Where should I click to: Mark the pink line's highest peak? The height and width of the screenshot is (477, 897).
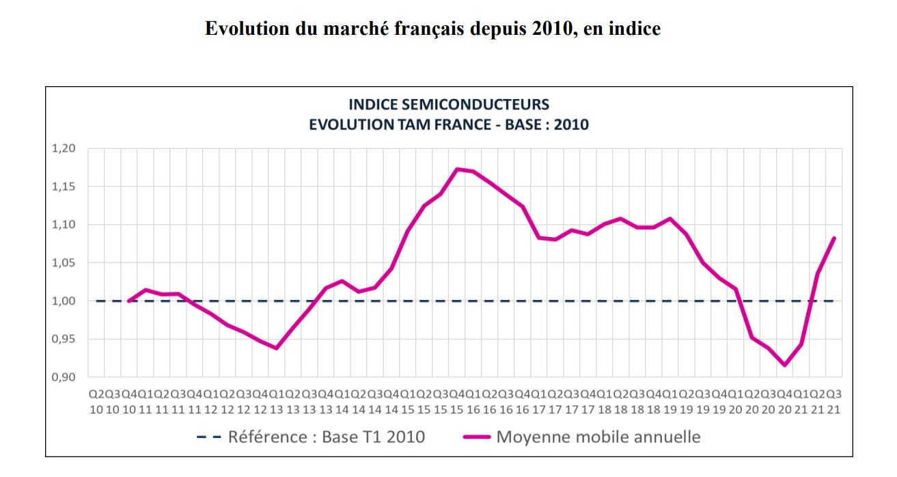[457, 169]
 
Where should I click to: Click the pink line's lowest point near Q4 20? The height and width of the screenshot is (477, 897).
[785, 365]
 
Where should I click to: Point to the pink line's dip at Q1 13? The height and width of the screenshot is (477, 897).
[276, 348]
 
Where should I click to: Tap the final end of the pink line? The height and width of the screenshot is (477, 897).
[834, 238]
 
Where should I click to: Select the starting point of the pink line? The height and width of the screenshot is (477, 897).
[128, 301]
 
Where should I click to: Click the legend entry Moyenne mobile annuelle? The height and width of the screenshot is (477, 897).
[598, 436]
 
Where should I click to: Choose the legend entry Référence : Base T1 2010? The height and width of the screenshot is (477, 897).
[326, 436]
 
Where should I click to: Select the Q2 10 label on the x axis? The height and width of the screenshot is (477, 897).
[96, 402]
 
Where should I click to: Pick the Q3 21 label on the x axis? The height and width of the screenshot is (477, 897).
[834, 402]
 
